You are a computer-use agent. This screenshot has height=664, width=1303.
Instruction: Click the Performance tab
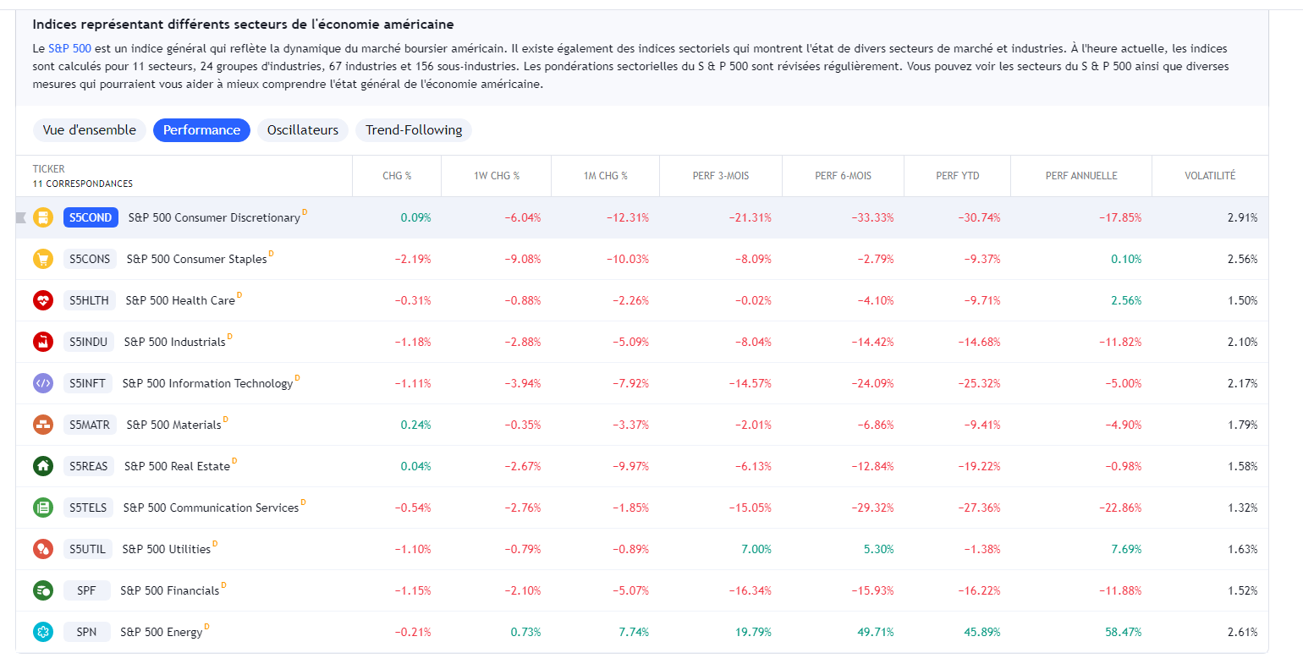pyautogui.click(x=201, y=130)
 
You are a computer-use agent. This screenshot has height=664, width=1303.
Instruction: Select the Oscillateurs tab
pyautogui.click(x=302, y=130)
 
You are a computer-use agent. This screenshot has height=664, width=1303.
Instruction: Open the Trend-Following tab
pyautogui.click(x=414, y=130)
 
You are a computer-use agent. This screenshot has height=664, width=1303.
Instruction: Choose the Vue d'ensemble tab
pyautogui.click(x=90, y=130)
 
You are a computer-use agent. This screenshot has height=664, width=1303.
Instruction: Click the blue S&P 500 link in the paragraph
pyautogui.click(x=69, y=49)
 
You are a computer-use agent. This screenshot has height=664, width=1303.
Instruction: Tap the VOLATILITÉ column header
pyautogui.click(x=1210, y=176)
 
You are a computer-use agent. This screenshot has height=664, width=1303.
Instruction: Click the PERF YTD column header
pyautogui.click(x=958, y=176)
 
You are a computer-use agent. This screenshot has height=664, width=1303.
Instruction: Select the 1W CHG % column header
pyautogui.click(x=497, y=176)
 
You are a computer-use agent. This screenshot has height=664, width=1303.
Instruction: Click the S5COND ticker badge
pyautogui.click(x=91, y=217)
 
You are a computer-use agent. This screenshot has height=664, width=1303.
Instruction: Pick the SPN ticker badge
pyautogui.click(x=86, y=632)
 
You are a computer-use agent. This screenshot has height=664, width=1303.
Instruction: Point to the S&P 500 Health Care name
pyautogui.click(x=180, y=300)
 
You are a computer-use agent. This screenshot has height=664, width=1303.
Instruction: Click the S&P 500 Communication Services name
pyautogui.click(x=211, y=508)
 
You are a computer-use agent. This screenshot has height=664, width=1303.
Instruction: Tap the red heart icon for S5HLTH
pyautogui.click(x=43, y=300)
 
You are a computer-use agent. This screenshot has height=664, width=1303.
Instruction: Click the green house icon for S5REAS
pyautogui.click(x=43, y=466)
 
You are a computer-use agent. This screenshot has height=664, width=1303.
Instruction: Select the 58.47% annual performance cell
pyautogui.click(x=1123, y=632)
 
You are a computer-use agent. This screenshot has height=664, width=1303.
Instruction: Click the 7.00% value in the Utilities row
pyautogui.click(x=756, y=549)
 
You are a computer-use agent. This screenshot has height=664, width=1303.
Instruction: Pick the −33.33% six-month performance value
pyautogui.click(x=872, y=217)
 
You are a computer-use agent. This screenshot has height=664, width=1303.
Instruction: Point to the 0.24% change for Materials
pyautogui.click(x=415, y=425)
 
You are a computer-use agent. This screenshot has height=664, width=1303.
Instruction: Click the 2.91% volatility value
pyautogui.click(x=1242, y=217)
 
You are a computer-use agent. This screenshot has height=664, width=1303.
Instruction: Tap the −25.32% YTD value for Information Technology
pyautogui.click(x=979, y=383)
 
